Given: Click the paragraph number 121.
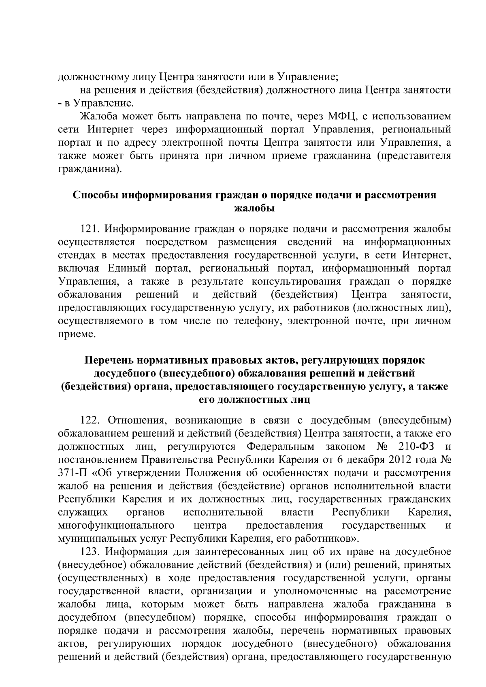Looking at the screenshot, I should tap(90, 229).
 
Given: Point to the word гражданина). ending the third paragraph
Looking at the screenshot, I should tap(90, 169).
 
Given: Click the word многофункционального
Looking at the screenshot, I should tap(116, 526).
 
